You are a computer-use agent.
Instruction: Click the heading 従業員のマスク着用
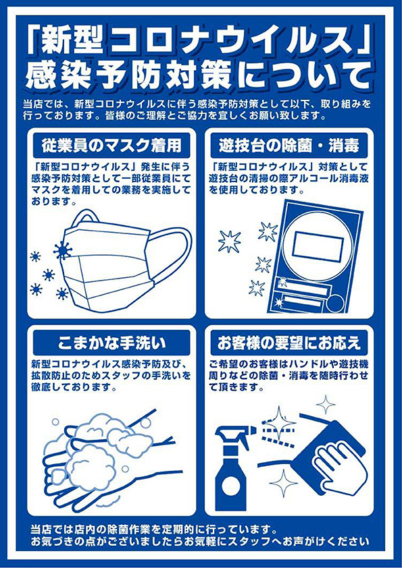(111, 146)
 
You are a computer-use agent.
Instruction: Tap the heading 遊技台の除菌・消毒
(288, 146)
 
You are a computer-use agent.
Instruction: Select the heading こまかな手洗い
(111, 343)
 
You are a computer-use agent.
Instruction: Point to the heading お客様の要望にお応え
(288, 343)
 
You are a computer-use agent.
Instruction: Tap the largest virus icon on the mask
(62, 250)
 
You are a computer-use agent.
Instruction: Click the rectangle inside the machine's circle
(318, 246)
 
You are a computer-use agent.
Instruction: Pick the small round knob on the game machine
(335, 303)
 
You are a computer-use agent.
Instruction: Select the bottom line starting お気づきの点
(200, 542)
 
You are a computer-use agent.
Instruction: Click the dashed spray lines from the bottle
(275, 434)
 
